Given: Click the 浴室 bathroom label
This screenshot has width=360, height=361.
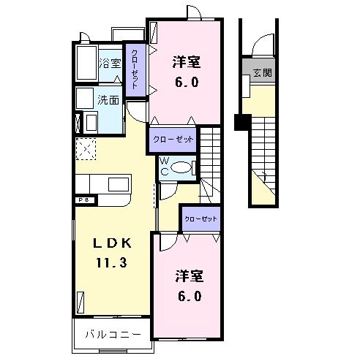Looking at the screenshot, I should [110, 64].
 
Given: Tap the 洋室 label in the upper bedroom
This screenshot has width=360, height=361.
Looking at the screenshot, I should [186, 61].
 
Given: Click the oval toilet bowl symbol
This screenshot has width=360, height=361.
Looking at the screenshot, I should [184, 168].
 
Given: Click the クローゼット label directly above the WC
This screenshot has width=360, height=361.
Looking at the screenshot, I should [173, 138].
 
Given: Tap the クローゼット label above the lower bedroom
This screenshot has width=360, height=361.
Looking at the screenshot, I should [200, 218].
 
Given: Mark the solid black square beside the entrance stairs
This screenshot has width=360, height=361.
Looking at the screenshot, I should [239, 122].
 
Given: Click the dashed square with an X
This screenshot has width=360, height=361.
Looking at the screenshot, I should [86, 149].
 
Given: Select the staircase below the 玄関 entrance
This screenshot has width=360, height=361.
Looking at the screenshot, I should [263, 157].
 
